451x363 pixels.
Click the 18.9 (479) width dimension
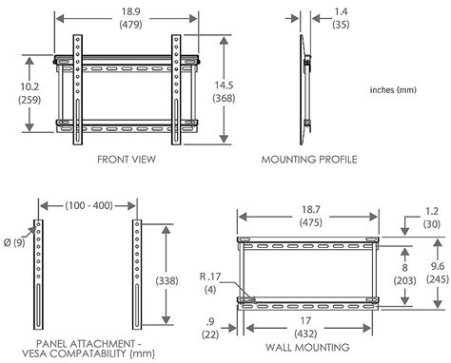point(131,18)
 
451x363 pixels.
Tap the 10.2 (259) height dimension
point(29,93)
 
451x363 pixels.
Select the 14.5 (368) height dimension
point(224,91)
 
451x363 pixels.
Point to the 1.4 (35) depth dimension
point(341,18)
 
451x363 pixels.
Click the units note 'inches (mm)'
point(393,89)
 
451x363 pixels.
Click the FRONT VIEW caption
point(127,159)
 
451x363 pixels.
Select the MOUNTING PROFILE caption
point(309,159)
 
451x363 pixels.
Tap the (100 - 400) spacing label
point(88,205)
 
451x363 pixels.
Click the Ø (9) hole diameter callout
point(14,242)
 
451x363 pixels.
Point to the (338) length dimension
point(167,280)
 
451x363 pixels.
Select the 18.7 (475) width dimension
point(311,216)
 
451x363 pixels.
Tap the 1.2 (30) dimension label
point(432,218)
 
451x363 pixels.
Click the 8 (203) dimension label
point(404,274)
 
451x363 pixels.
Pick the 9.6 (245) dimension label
point(438,273)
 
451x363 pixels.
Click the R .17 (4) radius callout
point(210,283)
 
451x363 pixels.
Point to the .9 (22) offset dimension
point(210,328)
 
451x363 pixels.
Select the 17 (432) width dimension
point(305,327)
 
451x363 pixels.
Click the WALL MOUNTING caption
point(307,347)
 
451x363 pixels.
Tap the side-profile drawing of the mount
point(305,89)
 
